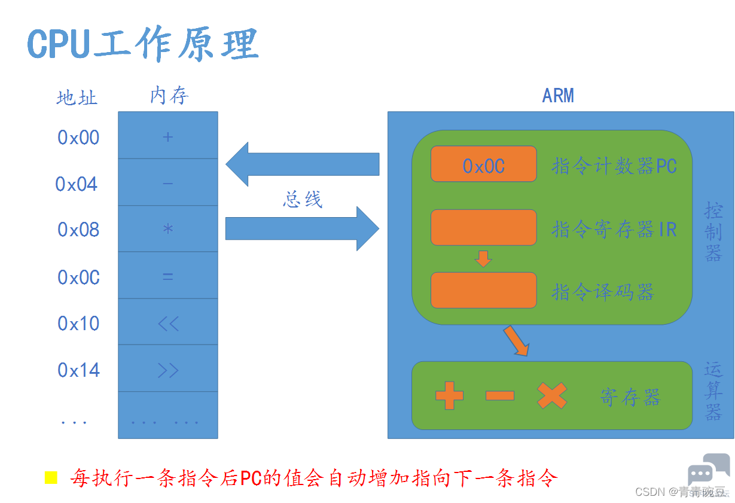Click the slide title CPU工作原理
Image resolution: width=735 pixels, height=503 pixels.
pyautogui.click(x=142, y=43)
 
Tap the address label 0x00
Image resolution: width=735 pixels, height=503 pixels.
pyautogui.click(x=78, y=138)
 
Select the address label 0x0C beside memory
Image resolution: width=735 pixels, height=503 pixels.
pyautogui.click(x=78, y=278)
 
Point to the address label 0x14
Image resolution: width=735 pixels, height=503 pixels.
pyautogui.click(x=78, y=371)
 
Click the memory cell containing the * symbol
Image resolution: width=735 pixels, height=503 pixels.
pyautogui.click(x=168, y=229)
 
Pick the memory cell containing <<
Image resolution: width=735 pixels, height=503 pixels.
pyautogui.click(x=168, y=324)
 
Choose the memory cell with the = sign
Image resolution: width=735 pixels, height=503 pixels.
pyautogui.click(x=168, y=276)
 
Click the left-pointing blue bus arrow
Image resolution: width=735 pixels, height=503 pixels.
pyautogui.click(x=301, y=164)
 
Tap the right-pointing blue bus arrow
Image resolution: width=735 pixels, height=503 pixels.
pyautogui.click(x=301, y=228)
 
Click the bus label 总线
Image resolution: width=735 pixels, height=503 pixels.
pyautogui.click(x=302, y=199)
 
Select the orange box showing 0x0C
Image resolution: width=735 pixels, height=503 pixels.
pyautogui.click(x=483, y=164)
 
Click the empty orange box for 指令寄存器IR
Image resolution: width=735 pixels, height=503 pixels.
pyautogui.click(x=483, y=227)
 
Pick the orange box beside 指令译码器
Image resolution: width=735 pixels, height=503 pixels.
pyautogui.click(x=483, y=290)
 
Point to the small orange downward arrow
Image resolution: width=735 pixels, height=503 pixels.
pyautogui.click(x=483, y=258)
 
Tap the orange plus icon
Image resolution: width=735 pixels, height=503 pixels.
pyautogui.click(x=449, y=395)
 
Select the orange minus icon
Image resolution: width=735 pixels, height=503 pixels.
pyautogui.click(x=500, y=395)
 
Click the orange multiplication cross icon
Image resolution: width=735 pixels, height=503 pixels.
pyautogui.click(x=552, y=395)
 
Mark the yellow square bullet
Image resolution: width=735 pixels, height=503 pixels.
pyautogui.click(x=51, y=477)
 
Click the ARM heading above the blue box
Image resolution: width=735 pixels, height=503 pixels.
pyautogui.click(x=557, y=96)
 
